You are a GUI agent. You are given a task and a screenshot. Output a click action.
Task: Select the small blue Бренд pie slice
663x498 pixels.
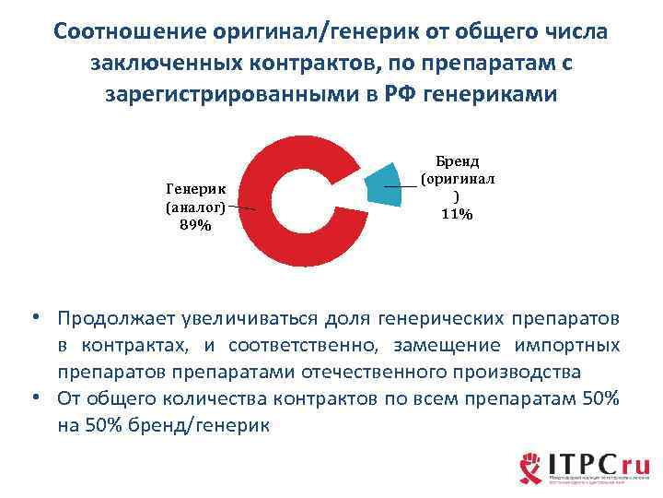click(386, 185)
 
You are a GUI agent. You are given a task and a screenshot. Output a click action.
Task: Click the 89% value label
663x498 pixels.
click(194, 225)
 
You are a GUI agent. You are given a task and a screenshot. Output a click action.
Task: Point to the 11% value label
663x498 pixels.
click(458, 214)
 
